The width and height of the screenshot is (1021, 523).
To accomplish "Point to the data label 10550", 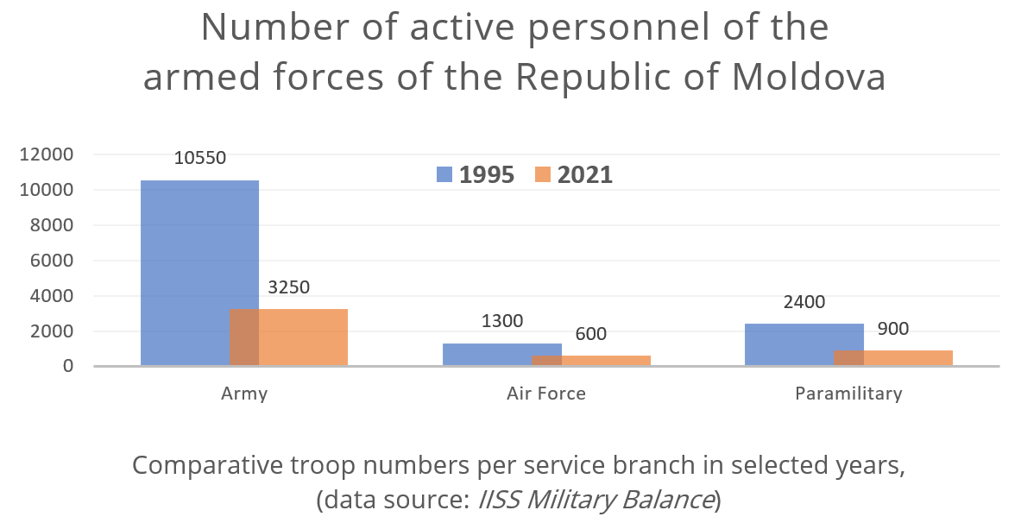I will tap(199, 159).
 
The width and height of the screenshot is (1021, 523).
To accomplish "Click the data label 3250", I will tap(288, 287).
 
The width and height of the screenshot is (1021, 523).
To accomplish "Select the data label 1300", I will tap(501, 322).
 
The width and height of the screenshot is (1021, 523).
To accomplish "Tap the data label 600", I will tap(590, 334).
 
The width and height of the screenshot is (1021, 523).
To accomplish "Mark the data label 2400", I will tap(804, 302).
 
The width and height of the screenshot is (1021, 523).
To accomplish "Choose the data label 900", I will tap(892, 329).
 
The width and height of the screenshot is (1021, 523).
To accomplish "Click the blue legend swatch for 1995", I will tap(444, 174).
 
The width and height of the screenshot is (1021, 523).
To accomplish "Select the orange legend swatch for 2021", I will tap(543, 174).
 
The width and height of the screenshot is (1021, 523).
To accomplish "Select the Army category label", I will tap(244, 394).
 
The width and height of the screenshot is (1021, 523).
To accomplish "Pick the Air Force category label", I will tap(546, 394).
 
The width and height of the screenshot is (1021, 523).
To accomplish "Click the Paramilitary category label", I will tap(848, 394).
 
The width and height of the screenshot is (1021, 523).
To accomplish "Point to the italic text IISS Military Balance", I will tap(596, 499).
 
